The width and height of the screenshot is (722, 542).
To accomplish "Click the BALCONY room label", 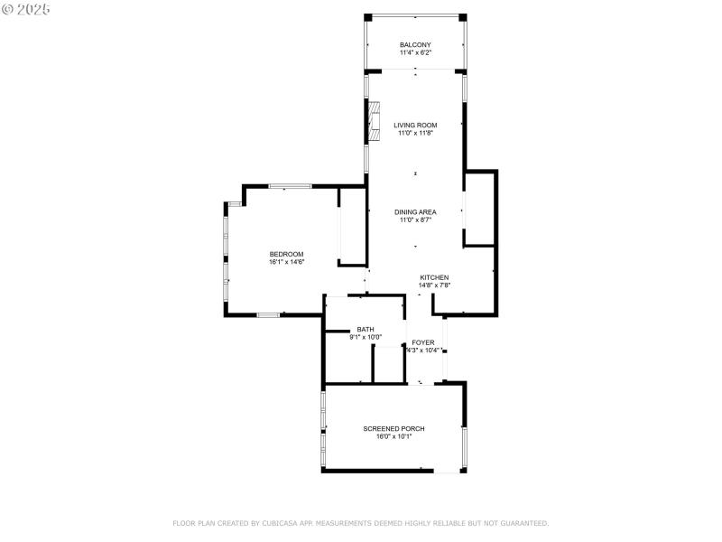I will tap(415, 44).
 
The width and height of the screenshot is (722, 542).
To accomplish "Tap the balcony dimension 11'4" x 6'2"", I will tap(415, 52).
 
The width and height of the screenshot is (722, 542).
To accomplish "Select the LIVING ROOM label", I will tap(415, 125).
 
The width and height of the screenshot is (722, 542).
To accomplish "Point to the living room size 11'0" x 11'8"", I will tap(415, 133).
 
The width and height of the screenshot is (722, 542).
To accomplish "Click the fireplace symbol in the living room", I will tap(373, 120).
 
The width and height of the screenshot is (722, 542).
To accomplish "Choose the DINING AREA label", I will tap(415, 211).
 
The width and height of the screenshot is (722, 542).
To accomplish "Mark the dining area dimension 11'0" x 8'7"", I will tap(415, 220).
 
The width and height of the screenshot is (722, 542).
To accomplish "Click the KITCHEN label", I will tap(434, 277).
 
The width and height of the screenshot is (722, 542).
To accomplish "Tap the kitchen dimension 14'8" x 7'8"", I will tap(434, 285).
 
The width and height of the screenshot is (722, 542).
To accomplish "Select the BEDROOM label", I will tap(286, 254).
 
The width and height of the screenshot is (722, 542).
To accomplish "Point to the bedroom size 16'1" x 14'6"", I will tap(286, 262).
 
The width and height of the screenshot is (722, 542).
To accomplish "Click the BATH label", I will tap(366, 329).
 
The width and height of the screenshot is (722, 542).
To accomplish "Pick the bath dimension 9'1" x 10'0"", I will tap(366, 337).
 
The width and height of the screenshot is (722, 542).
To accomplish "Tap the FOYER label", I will tap(423, 342).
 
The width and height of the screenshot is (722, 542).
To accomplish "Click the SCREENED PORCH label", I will tap(393, 428).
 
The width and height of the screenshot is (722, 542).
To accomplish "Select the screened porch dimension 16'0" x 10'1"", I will tap(393, 436).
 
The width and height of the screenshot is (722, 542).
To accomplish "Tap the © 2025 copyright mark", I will tap(26, 9).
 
